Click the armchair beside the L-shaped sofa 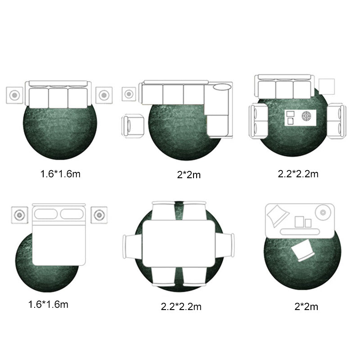(x=134, y=126)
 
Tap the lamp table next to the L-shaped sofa (x=130, y=94)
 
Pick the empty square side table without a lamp (x=327, y=86)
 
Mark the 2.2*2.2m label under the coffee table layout (x=298, y=173)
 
